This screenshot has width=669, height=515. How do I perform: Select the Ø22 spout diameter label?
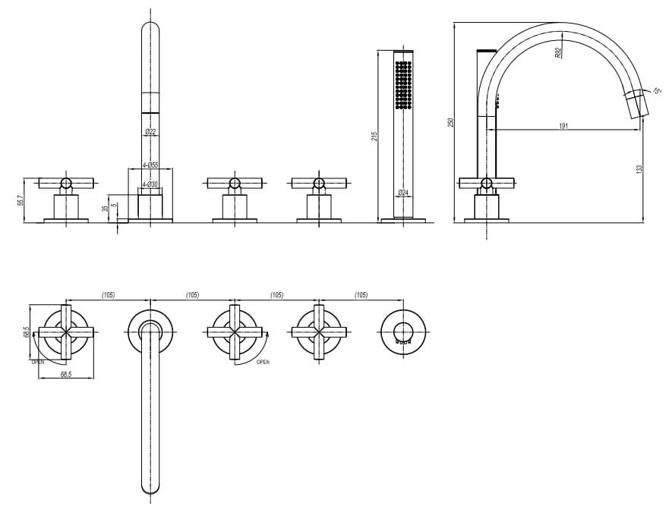pos(150,132)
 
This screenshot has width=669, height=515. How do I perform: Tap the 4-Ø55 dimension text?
pos(150,165)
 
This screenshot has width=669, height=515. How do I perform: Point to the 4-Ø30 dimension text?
pos(150,184)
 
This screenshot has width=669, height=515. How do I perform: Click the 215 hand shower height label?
pos(374,137)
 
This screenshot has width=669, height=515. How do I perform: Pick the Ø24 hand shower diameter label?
pos(403,193)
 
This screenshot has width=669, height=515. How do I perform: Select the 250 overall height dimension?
pos(451,122)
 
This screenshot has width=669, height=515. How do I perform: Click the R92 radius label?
pos(559,53)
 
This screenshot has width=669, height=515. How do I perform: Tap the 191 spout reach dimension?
pos(563,126)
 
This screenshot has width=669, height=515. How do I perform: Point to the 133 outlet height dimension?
pos(639,169)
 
